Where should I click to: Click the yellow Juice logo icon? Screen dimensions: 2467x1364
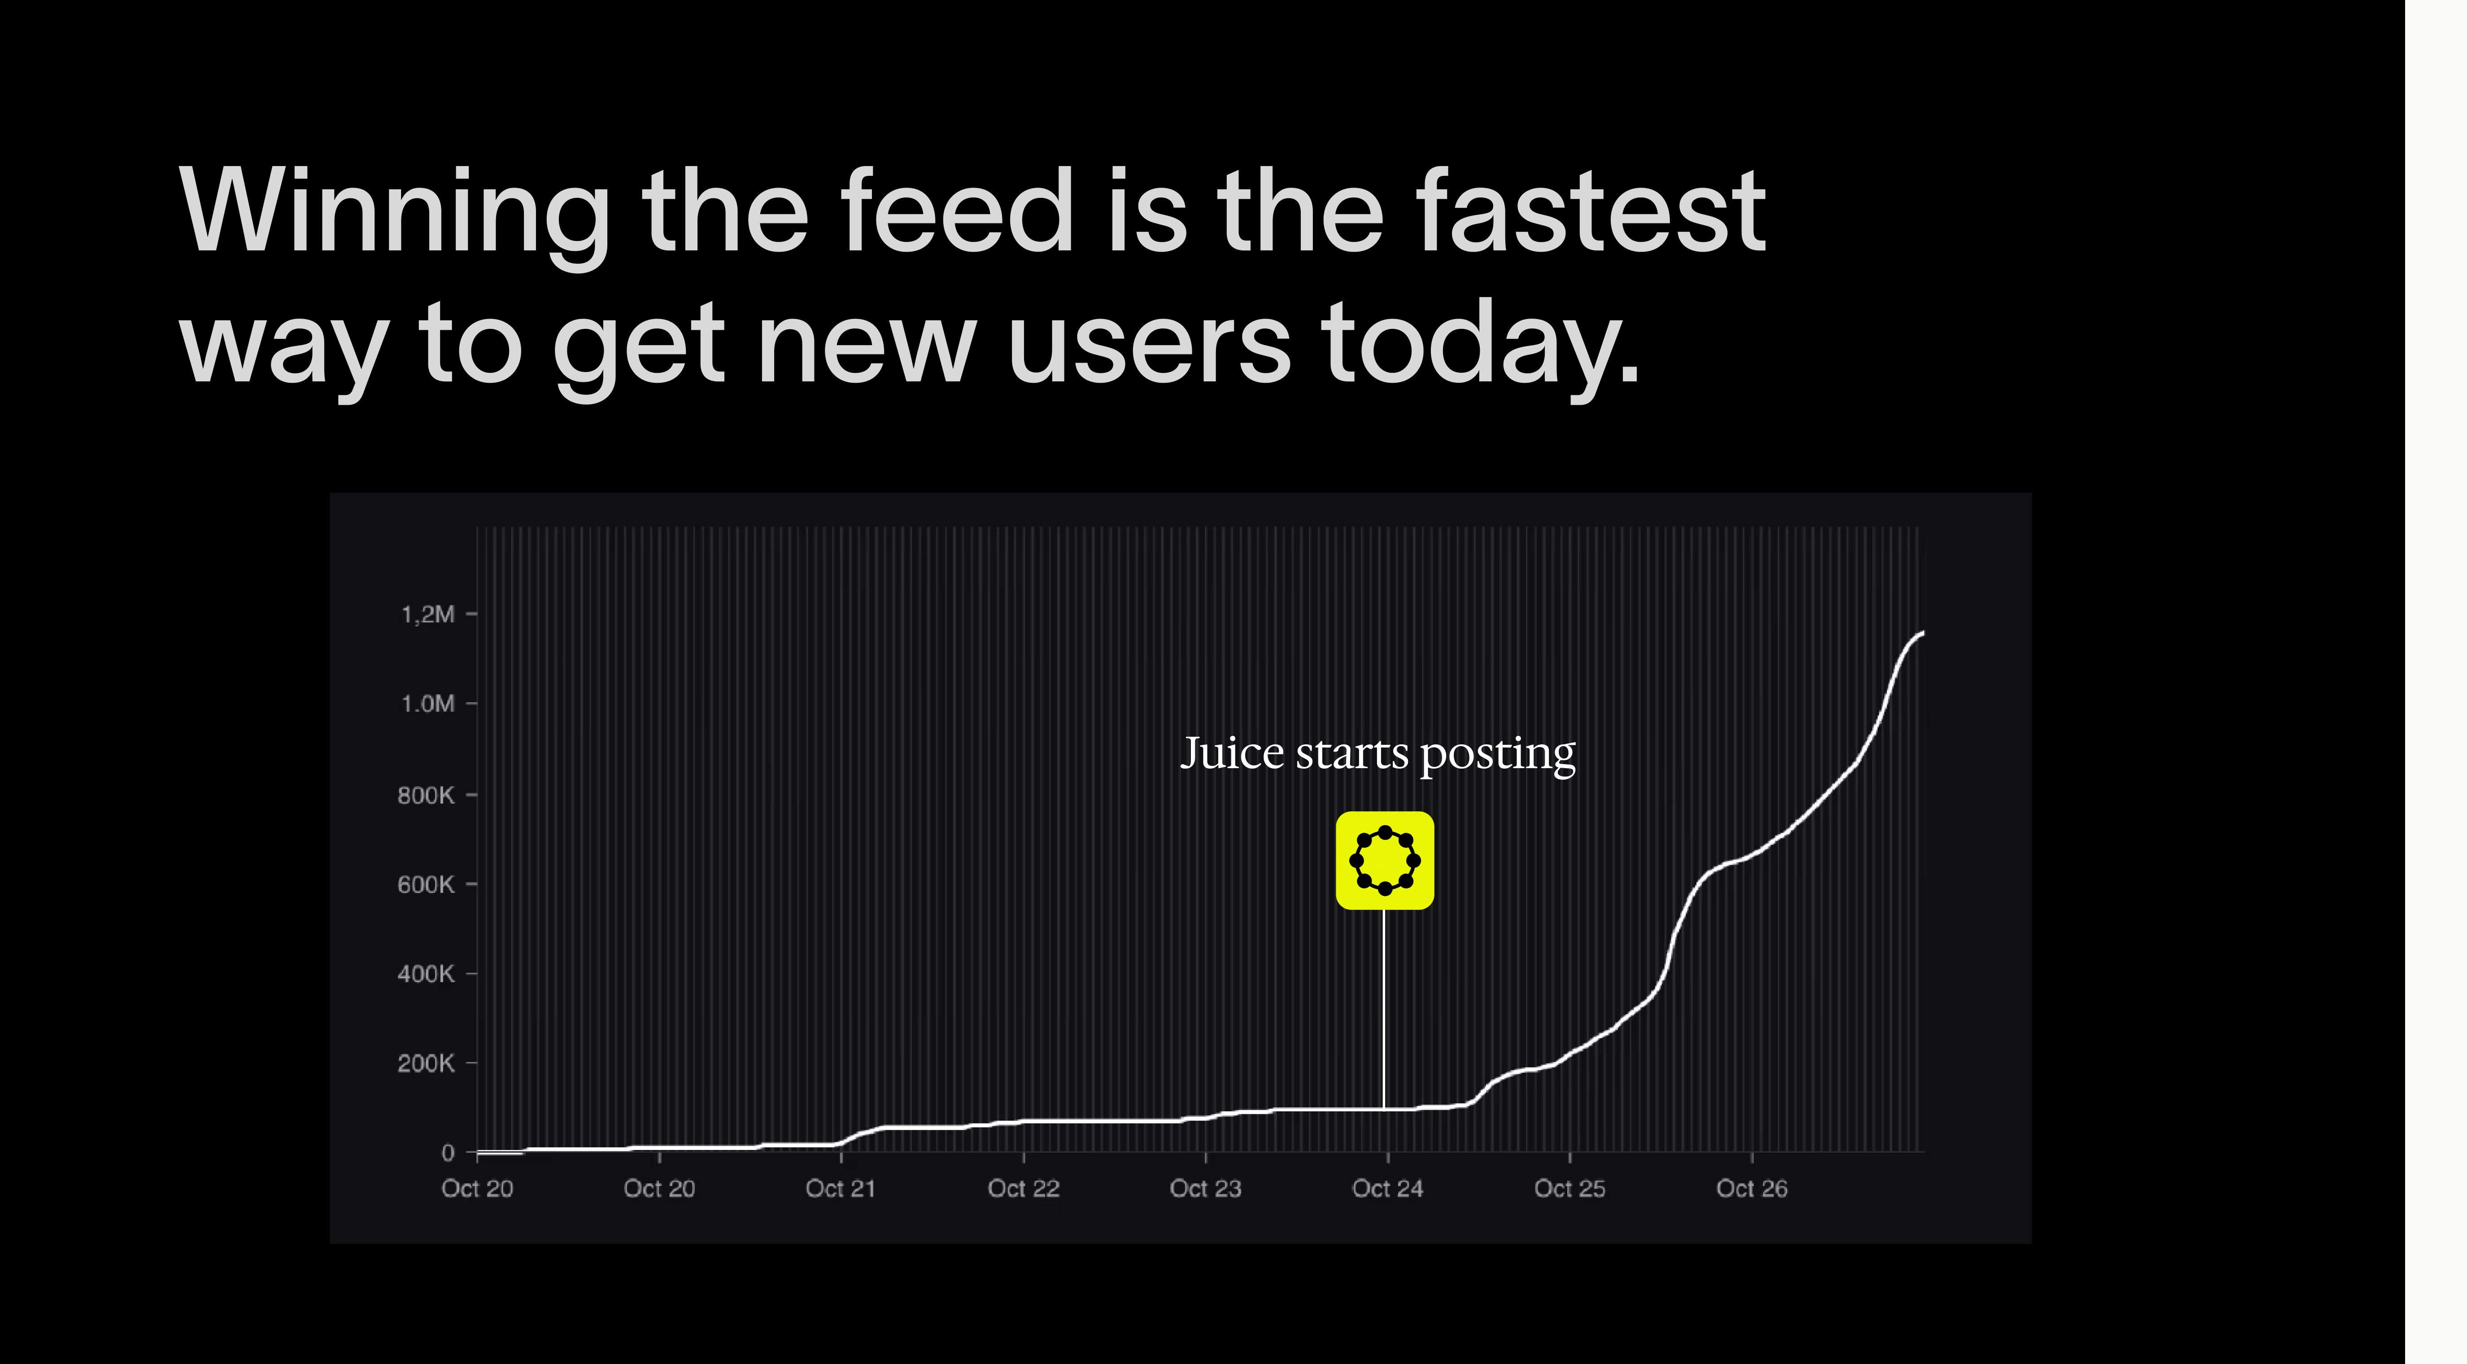(x=1385, y=860)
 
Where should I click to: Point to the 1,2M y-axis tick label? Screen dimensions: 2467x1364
(x=427, y=614)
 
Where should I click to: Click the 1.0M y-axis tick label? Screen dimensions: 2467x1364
(x=427, y=704)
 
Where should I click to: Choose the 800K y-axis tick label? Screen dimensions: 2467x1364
(x=425, y=795)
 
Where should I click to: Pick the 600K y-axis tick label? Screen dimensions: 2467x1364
(x=425, y=884)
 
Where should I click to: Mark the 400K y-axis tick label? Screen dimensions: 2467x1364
(x=425, y=974)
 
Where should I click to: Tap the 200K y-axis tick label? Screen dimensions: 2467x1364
(x=425, y=1063)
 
